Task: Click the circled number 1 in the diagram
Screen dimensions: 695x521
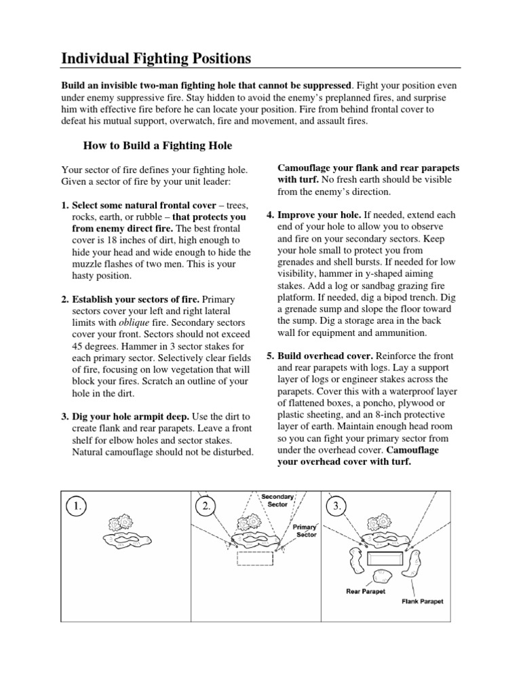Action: pyautogui.click(x=78, y=506)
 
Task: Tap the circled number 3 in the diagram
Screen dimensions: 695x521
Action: pyautogui.click(x=336, y=506)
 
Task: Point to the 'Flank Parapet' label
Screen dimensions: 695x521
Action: pyautogui.click(x=423, y=601)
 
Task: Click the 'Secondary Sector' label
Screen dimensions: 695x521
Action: pyautogui.click(x=277, y=500)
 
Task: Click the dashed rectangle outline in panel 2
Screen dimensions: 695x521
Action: pyautogui.click(x=254, y=559)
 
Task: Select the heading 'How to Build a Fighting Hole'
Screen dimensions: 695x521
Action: pyautogui.click(x=157, y=145)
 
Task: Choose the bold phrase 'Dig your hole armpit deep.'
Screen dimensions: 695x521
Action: pyautogui.click(x=131, y=415)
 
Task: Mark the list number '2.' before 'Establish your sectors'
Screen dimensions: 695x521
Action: pyautogui.click(x=65, y=299)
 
